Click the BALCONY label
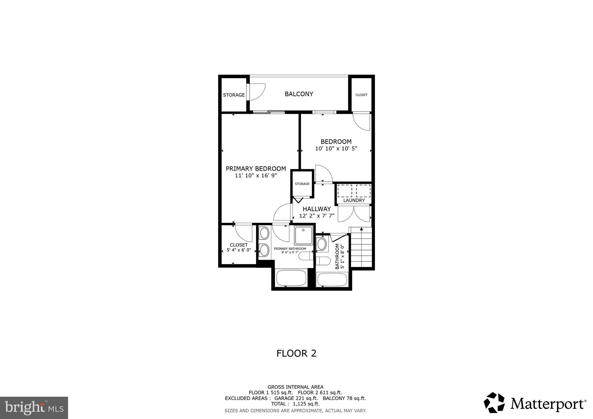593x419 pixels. pos(299,94)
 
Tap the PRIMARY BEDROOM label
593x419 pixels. pos(256,169)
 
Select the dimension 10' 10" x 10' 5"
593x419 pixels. pos(336,149)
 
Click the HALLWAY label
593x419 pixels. pos(316,209)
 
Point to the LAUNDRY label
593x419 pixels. pos(354,200)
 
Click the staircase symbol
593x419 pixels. pos(361,247)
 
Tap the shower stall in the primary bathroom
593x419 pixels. pos(303,235)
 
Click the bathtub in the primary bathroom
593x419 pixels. pos(291,278)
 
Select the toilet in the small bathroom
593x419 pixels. pos(323,261)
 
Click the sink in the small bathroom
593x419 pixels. pos(322,244)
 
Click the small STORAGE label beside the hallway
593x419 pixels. pos(302,184)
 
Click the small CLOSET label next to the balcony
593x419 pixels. pos(361,95)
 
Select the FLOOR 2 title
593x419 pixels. pos(296,353)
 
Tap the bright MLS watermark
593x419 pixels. pos(34,408)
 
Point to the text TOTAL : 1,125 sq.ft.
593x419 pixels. pos(295,404)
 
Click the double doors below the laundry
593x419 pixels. pos(354,214)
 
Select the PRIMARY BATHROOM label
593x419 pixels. pos(290,249)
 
